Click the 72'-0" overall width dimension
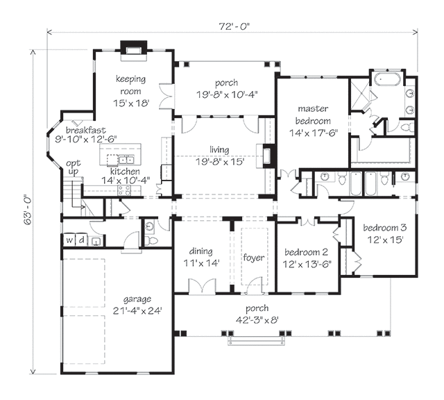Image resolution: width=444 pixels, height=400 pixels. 234,26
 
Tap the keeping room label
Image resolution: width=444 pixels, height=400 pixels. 131,85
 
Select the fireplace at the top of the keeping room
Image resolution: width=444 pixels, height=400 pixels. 134,51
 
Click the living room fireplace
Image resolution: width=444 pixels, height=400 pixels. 266,156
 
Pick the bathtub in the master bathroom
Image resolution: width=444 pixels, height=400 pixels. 387,78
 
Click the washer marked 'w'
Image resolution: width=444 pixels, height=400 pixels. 69,240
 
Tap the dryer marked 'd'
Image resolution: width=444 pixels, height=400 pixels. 82,240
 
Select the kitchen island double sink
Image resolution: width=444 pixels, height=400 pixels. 126,160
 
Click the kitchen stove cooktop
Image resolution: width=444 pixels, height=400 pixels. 125,190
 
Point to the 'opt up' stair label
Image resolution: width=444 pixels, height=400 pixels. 74,167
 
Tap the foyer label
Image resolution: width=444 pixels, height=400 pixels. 254,258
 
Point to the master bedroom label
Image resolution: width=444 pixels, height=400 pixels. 313,115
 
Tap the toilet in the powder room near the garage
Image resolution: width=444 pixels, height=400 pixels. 151,241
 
